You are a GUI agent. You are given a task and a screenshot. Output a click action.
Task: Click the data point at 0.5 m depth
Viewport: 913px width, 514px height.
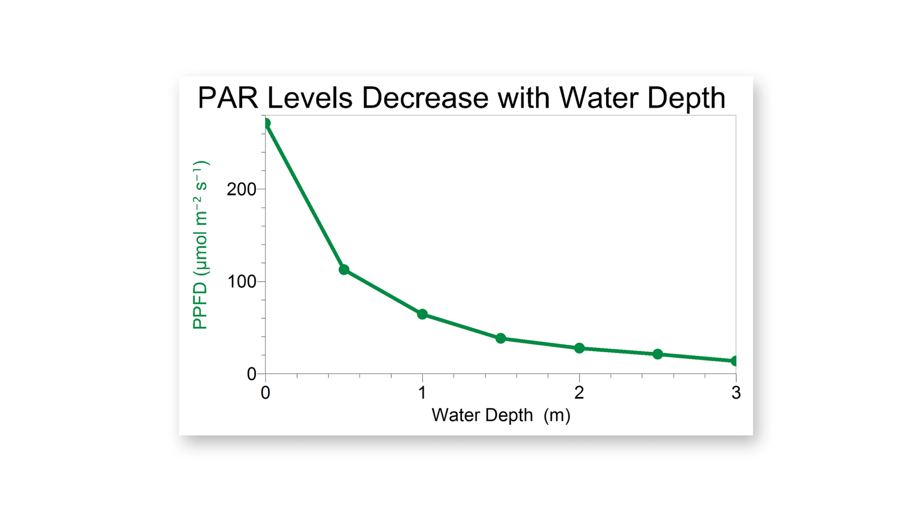tap(344, 269)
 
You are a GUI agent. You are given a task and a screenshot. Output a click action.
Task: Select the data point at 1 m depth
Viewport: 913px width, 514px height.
tap(422, 314)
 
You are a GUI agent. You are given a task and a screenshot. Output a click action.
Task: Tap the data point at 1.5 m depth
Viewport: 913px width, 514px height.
tap(501, 338)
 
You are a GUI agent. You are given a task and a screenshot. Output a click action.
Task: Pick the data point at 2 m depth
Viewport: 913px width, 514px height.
tap(579, 348)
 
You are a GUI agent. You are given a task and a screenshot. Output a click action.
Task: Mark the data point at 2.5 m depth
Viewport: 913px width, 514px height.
tap(658, 354)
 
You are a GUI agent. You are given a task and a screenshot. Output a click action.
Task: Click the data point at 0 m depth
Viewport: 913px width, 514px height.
tap(266, 123)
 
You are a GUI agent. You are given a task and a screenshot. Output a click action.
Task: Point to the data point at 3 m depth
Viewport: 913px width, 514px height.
tap(735, 361)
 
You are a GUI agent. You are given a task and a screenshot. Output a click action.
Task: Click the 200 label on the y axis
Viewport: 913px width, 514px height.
tap(241, 189)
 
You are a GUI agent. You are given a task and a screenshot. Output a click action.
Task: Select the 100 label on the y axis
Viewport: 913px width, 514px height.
tap(241, 282)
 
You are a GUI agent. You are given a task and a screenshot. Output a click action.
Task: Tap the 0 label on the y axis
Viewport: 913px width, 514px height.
tap(251, 374)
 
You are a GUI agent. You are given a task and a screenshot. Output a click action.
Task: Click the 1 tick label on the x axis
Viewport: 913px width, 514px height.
tap(422, 393)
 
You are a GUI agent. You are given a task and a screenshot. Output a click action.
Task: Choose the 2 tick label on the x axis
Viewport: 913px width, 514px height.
tap(579, 393)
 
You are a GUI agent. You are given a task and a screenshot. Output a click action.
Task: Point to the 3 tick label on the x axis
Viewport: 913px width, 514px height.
tap(736, 393)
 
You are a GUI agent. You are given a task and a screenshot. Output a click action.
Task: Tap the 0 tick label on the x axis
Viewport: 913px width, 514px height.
tap(266, 393)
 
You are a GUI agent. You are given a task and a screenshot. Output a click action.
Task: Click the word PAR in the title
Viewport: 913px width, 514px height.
tap(228, 98)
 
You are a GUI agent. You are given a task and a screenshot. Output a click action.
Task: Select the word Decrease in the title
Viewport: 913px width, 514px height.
tap(425, 98)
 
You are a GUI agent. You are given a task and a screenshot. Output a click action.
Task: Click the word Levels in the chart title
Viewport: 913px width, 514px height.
tap(310, 98)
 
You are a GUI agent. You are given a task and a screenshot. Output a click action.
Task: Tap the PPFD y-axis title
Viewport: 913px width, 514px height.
tap(200, 245)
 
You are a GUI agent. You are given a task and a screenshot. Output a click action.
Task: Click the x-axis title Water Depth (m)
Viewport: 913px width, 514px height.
tap(501, 415)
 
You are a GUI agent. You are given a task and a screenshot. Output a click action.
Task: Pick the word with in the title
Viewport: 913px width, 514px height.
tap(523, 98)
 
